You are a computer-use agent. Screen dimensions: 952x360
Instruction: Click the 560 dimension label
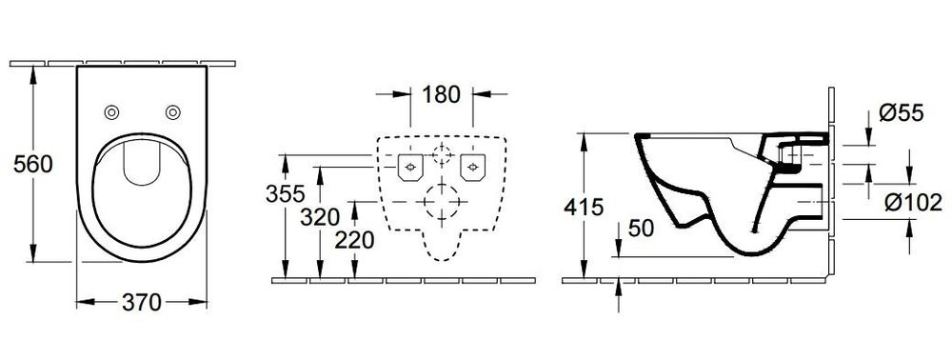coord(32,164)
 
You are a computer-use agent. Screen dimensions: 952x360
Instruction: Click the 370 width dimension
coord(142,302)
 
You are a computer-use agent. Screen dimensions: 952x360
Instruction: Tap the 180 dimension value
coord(441,94)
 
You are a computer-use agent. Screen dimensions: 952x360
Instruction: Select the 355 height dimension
coord(286,193)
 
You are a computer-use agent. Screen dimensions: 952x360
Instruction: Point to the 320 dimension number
coord(320,217)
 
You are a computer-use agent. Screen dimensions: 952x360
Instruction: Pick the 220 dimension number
coord(354,240)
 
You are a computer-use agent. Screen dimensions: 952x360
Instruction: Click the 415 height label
coord(584,207)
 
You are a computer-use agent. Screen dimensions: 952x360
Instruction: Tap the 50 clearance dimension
coord(641,229)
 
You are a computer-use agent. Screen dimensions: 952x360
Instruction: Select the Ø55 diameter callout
coord(901,113)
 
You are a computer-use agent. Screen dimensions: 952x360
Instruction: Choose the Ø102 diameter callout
coord(913,203)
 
